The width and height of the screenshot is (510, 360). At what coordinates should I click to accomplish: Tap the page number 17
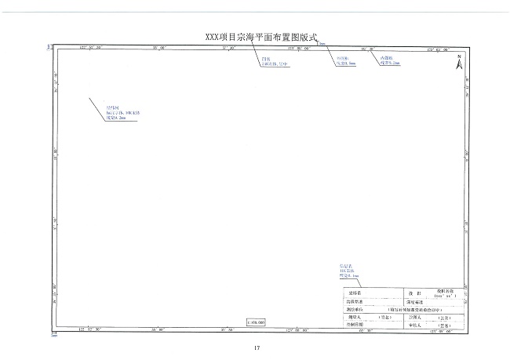(x=256, y=347)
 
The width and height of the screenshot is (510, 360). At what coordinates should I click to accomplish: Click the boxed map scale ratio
(x=256, y=322)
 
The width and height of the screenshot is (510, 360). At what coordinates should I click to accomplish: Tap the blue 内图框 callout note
(x=390, y=60)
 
